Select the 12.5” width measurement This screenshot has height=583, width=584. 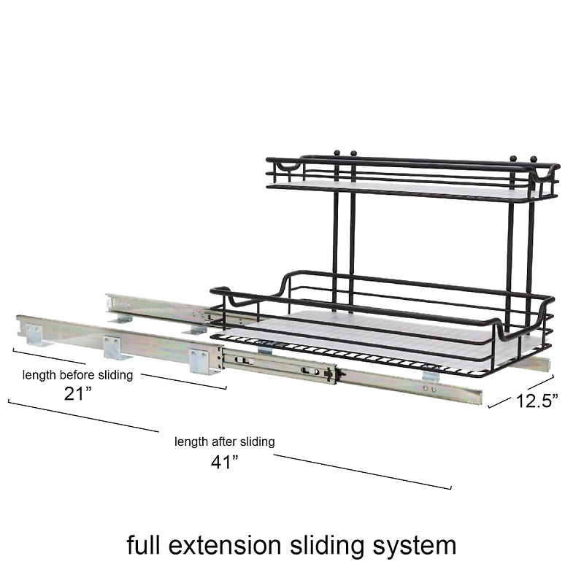tap(537, 401)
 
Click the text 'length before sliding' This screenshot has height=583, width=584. tap(77, 375)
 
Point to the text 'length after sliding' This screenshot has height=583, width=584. tap(224, 441)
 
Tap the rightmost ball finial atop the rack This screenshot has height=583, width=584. tap(533, 158)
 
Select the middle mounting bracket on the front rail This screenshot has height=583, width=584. tap(113, 347)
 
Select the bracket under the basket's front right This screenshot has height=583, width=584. tap(431, 376)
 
